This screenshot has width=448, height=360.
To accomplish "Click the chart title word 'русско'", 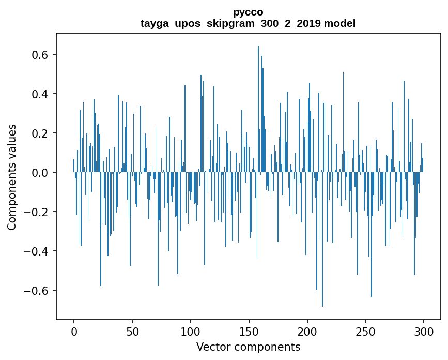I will (x=248, y=12).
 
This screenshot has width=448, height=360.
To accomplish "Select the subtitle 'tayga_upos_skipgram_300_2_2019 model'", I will (x=248, y=23).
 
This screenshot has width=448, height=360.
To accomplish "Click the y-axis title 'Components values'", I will (x=12, y=177).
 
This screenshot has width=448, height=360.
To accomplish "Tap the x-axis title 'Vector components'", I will (x=248, y=347).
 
